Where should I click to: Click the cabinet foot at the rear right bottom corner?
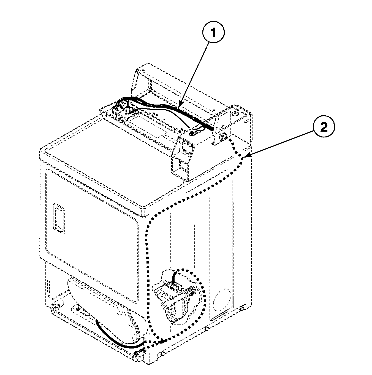pyautogui.click(x=242, y=307)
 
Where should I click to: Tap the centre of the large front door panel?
pyautogui.click(x=92, y=235)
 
